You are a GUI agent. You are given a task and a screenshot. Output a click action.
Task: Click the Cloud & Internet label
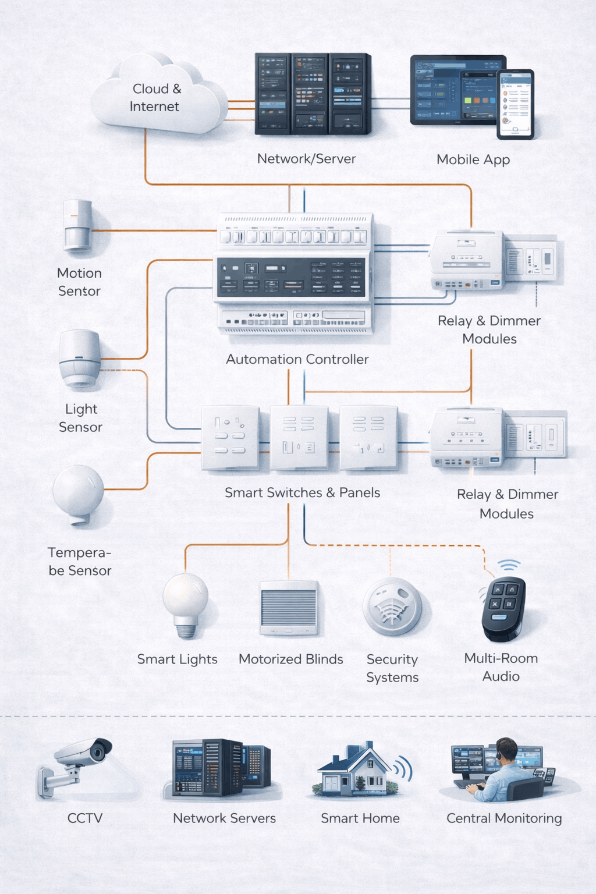coord(155,98)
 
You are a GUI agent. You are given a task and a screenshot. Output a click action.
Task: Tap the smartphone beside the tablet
coord(515,104)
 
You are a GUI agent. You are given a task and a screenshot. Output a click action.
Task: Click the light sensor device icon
coord(80,358)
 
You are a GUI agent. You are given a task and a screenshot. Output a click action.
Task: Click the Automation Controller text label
coord(297,360)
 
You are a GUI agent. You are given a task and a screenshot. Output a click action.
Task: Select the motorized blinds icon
coord(289,608)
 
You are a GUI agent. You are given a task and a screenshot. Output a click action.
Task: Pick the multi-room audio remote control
coord(503,609)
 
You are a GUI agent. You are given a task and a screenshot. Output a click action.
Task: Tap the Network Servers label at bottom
coord(224,818)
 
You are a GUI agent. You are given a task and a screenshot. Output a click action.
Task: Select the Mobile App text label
coord(473,159)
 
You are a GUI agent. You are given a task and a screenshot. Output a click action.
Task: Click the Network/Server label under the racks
coord(306,159)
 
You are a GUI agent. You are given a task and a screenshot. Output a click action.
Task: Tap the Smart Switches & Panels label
coord(302,493)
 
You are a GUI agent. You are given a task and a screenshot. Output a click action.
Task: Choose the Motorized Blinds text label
coord(290,659)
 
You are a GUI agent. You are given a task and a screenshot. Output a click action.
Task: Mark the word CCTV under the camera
coord(85,818)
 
